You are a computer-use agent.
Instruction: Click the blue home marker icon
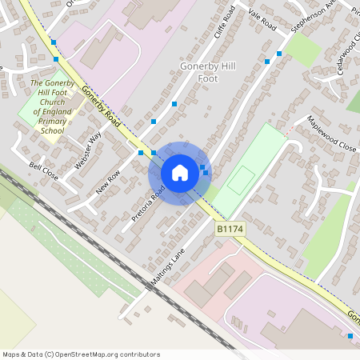[180, 173]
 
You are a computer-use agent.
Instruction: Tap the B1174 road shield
[230, 229]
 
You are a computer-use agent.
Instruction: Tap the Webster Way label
[88, 150]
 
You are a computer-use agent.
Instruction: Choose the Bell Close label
[44, 170]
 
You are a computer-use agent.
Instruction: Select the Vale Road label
[262, 22]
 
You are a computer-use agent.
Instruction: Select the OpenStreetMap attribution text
[81, 354]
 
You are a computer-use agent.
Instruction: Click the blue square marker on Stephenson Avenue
[279, 54]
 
